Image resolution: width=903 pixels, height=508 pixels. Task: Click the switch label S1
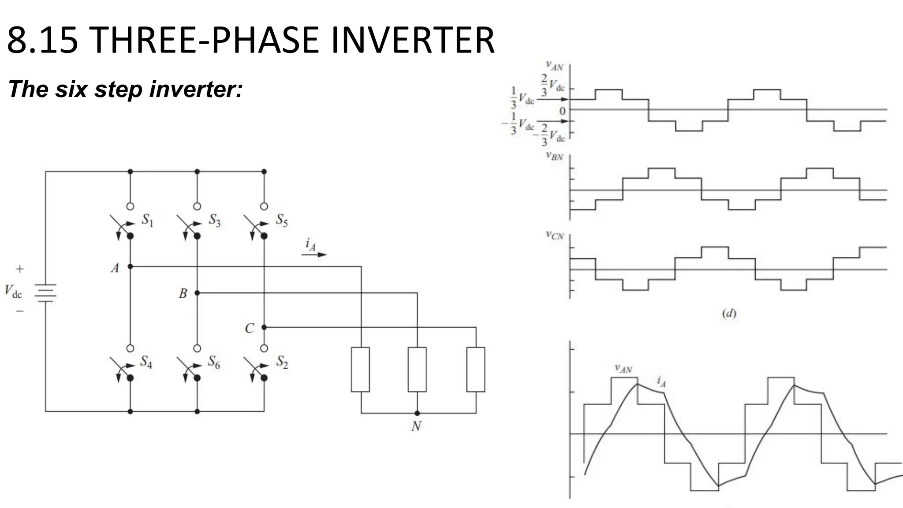coord(148,220)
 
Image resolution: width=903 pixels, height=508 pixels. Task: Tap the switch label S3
coord(215,220)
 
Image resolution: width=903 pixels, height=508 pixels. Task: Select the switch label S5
coord(282,220)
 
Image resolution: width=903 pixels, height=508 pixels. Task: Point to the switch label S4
coord(146,362)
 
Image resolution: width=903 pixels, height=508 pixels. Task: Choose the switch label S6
coord(214,362)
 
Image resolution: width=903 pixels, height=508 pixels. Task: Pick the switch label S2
coord(282,362)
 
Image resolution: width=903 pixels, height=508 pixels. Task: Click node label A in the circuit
coord(115,268)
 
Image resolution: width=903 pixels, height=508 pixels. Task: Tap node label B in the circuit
coord(183,294)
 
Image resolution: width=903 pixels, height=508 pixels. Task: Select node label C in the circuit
coord(250,329)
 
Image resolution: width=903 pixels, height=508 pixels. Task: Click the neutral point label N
coord(416,426)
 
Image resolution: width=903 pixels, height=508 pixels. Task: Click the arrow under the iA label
coord(317,254)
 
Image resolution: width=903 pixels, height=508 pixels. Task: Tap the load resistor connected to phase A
coord(360,370)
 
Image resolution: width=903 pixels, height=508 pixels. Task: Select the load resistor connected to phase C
coord(476,370)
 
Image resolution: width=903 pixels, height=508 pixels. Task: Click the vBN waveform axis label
coord(555,156)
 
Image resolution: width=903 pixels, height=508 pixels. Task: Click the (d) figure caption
coord(729,314)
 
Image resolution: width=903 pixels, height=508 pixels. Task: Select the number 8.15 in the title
coord(43,41)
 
